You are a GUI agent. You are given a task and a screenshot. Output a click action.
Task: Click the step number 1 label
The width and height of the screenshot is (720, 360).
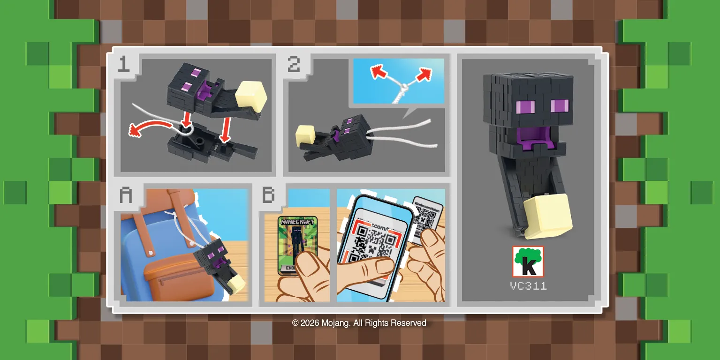[x=123, y=64]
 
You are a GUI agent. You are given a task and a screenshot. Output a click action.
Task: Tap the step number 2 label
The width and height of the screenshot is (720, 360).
[x=294, y=64]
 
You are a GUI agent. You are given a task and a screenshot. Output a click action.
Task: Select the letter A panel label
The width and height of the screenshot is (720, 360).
[x=126, y=195]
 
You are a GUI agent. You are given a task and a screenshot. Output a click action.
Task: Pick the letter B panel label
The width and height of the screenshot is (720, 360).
[x=268, y=195]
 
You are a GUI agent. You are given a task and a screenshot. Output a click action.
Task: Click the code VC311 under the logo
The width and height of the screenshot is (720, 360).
[x=528, y=286]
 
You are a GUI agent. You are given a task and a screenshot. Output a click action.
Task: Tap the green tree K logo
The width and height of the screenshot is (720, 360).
[x=528, y=262]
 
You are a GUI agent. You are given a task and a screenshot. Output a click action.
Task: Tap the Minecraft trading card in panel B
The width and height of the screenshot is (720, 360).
[x=297, y=244]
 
